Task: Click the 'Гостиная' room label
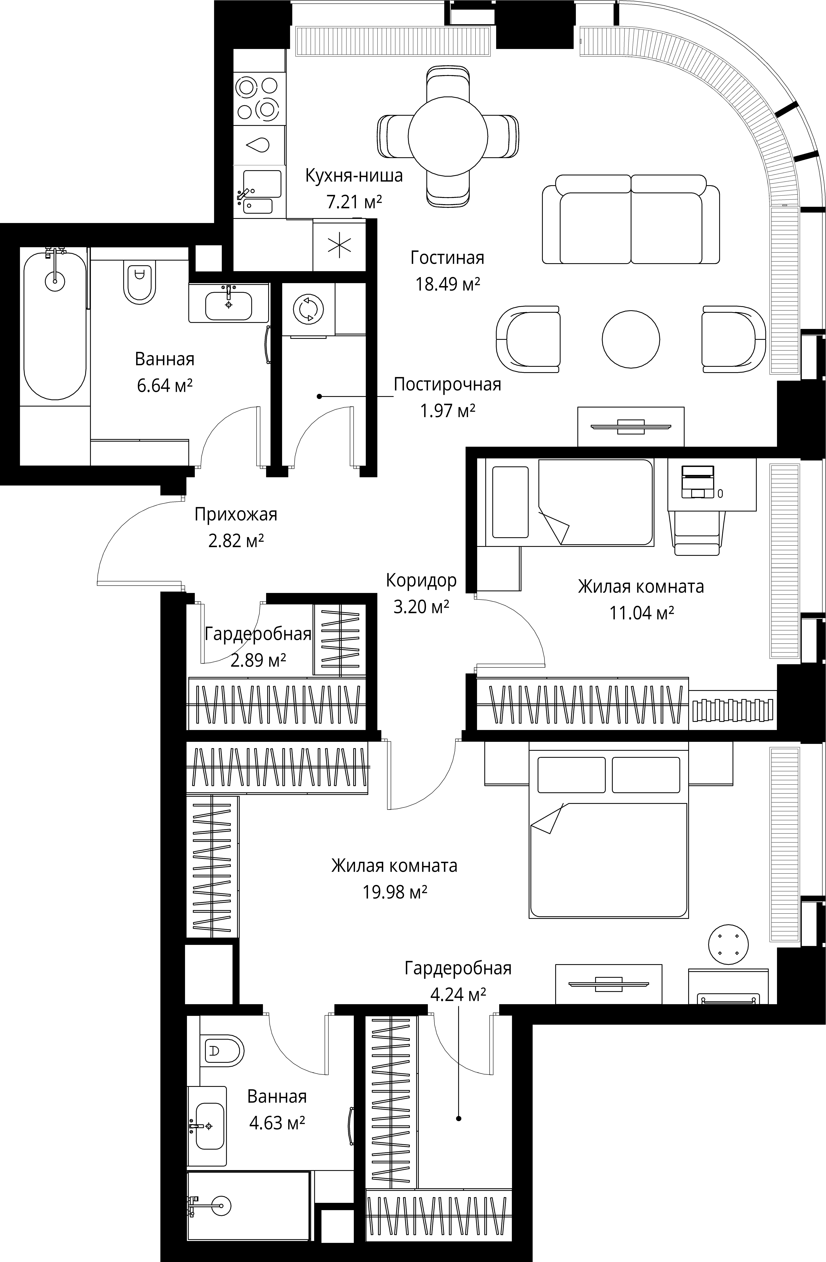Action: (447, 258)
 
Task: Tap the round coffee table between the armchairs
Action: (631, 339)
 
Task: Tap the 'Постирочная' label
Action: (447, 384)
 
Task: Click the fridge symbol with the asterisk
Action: (339, 245)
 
